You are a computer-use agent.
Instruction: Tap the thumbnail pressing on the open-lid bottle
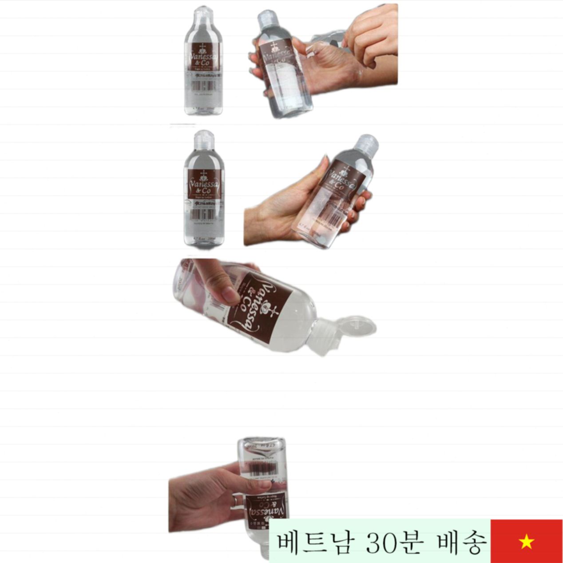coord(230,295)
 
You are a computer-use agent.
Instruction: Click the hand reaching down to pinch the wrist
coord(371,36)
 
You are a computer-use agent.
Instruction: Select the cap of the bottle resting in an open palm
coord(367,143)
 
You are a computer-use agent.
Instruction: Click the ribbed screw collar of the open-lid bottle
coord(322,337)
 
